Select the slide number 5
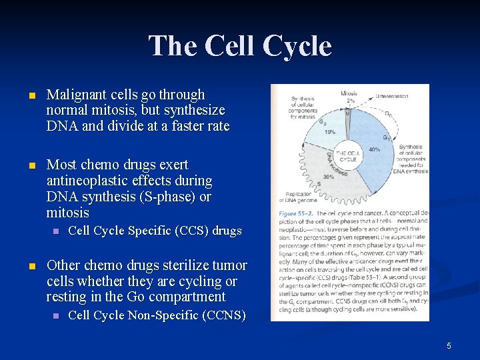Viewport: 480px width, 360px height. click(449, 345)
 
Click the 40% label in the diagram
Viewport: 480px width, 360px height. click(375, 149)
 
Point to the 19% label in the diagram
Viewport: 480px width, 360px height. click(329, 132)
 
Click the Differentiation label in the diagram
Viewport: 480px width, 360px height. click(391, 97)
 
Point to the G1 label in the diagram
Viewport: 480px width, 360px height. click(386, 137)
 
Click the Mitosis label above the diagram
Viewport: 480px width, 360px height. click(349, 93)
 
